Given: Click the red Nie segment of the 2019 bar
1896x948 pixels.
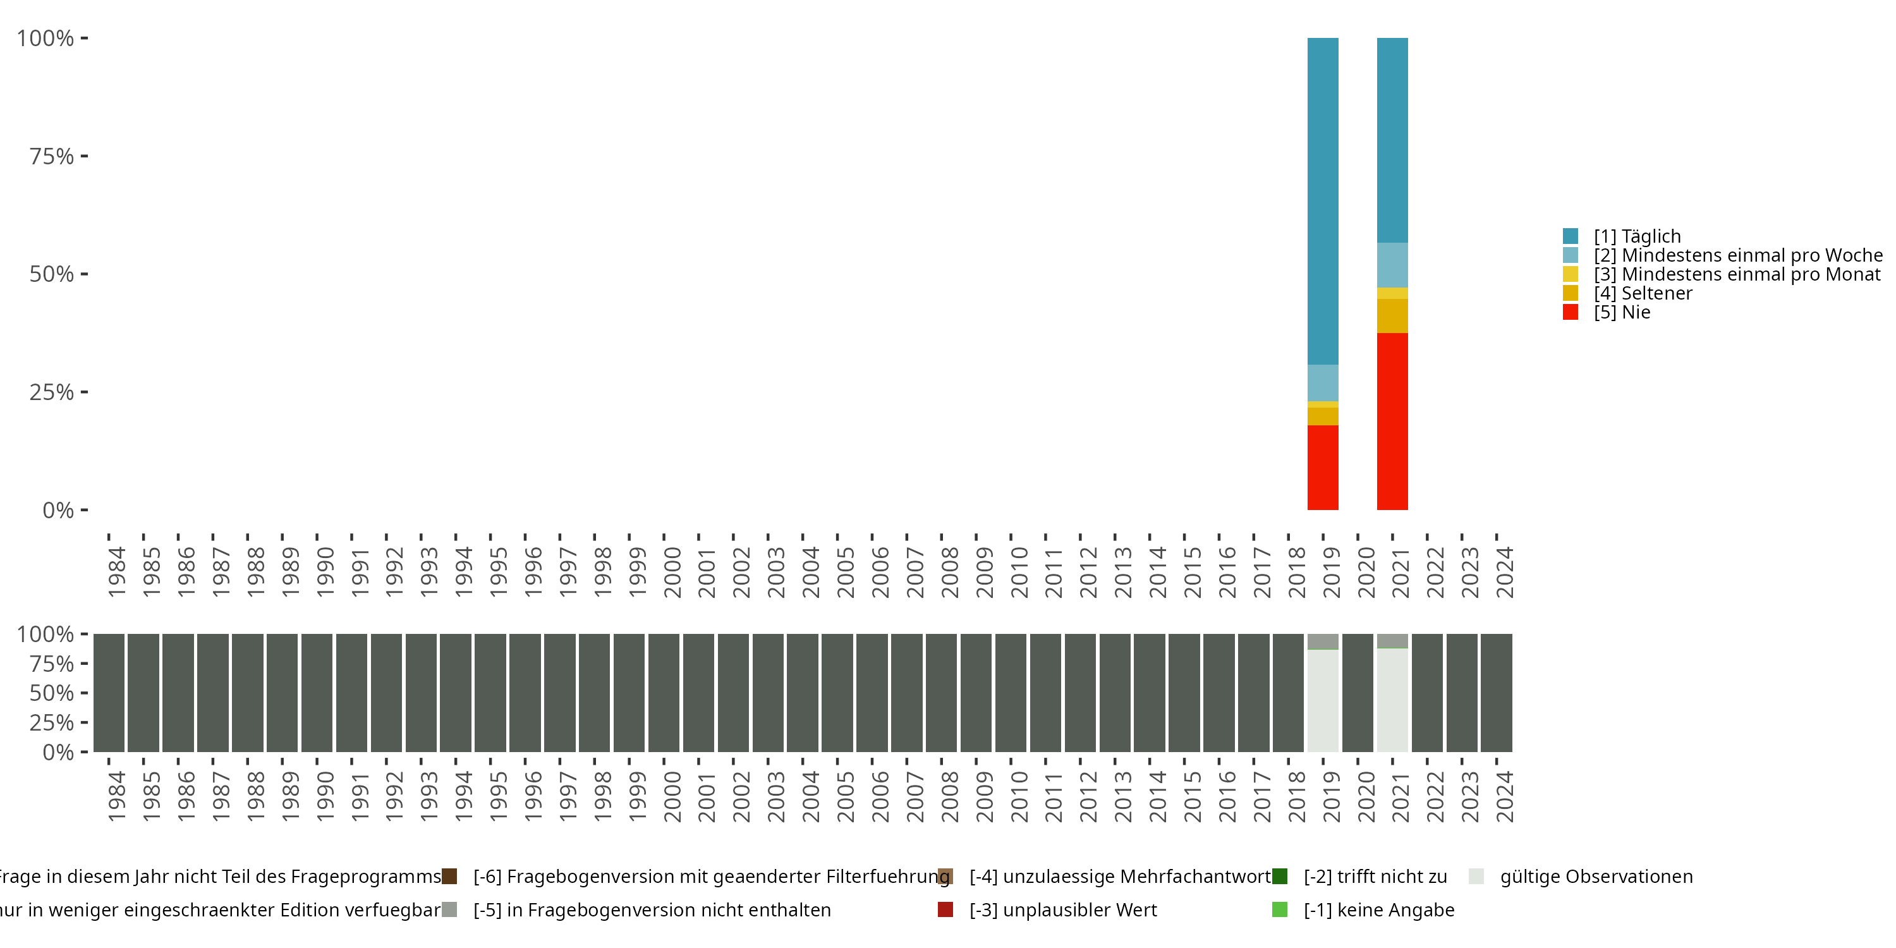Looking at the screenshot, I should pos(1323,468).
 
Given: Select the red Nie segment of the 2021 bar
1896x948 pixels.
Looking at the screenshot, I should pos(1392,421).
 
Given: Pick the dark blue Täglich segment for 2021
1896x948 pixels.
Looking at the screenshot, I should pos(1392,140).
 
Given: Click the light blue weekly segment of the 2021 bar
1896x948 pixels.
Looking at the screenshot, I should pos(1392,265).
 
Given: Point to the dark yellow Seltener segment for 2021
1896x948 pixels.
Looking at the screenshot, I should pos(1392,316).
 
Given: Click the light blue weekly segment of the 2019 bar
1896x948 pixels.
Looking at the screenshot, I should pos(1323,383).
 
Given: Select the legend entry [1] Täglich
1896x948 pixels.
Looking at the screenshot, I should pos(1637,236).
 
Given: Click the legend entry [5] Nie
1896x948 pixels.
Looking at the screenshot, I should pos(1622,312).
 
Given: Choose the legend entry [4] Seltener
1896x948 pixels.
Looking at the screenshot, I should pos(1643,293).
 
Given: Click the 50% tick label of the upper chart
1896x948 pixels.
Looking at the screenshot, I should pos(52,274).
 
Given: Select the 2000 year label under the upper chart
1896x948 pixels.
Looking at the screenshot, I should pos(672,572).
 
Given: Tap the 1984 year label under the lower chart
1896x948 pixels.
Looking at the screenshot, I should pos(116,796).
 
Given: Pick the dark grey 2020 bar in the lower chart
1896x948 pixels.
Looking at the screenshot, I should pos(1358,693).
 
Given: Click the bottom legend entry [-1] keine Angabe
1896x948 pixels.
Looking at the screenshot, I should pos(1378,909).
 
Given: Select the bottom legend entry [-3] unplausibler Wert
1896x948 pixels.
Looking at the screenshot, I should pos(1063,909).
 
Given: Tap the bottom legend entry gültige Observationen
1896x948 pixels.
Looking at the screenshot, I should pos(1596,877).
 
